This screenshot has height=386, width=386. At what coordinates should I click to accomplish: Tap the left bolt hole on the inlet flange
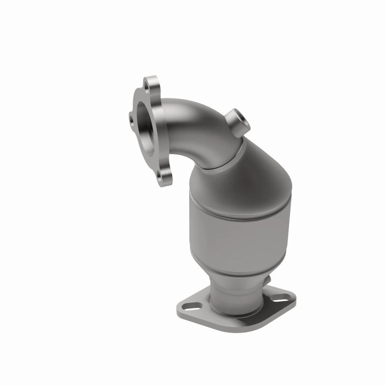click(x=132, y=116)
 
